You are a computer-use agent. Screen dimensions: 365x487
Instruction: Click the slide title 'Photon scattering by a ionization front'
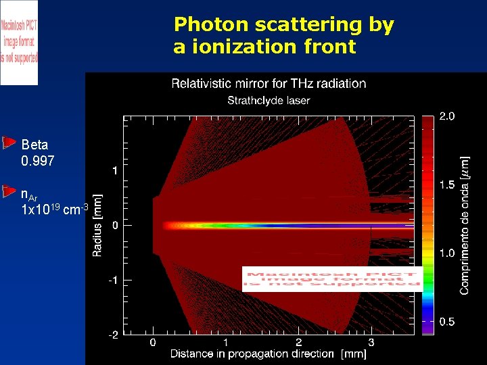coord(283,36)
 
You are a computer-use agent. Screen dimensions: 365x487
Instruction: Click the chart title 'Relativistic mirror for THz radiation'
coord(269,84)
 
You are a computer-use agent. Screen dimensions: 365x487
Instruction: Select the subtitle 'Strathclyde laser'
coord(269,101)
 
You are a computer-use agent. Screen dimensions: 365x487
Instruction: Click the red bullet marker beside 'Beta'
coord(9,143)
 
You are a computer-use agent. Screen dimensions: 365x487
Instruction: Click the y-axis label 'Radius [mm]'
coord(97,225)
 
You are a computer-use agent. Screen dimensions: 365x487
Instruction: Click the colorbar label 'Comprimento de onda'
coord(465,226)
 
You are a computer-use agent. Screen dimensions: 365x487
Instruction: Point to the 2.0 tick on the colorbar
coord(446,116)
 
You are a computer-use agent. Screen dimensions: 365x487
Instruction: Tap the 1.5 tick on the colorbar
coord(446,185)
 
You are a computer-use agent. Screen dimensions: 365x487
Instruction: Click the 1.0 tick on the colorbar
coord(446,253)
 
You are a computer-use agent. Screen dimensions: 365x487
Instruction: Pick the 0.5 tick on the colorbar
coord(446,322)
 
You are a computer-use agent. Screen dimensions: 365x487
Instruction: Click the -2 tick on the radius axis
coord(113,335)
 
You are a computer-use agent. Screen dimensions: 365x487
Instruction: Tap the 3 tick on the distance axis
coord(371,343)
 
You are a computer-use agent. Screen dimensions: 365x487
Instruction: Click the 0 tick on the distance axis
coord(153,343)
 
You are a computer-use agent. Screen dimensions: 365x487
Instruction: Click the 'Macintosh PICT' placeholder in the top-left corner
coord(19,42)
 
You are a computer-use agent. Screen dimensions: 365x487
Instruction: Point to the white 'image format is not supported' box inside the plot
coord(332,278)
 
